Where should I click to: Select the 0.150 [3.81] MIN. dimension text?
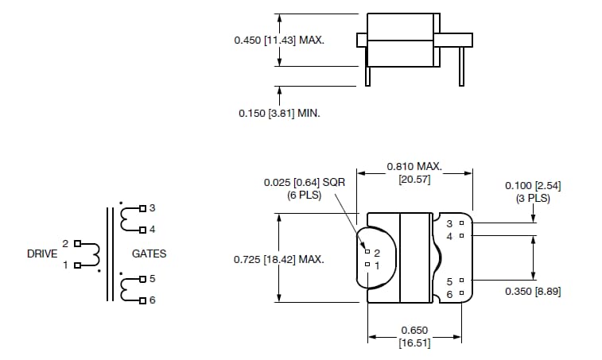tap(279, 114)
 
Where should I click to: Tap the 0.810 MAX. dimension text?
tap(414, 166)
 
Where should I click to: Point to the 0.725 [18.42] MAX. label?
tap(278, 259)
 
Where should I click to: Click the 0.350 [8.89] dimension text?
tap(533, 292)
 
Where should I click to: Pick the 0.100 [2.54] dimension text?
tap(533, 185)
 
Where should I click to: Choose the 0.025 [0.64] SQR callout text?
tap(304, 182)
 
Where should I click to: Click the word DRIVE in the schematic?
tap(42, 254)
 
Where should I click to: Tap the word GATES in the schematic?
tap(150, 254)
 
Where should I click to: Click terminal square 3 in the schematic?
tap(142, 209)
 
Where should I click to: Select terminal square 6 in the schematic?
tap(142, 300)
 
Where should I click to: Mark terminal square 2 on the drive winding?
tap(77, 243)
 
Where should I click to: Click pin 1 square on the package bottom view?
tap(367, 264)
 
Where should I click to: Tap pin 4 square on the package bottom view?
tap(460, 236)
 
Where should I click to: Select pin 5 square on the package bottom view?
tap(460, 281)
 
